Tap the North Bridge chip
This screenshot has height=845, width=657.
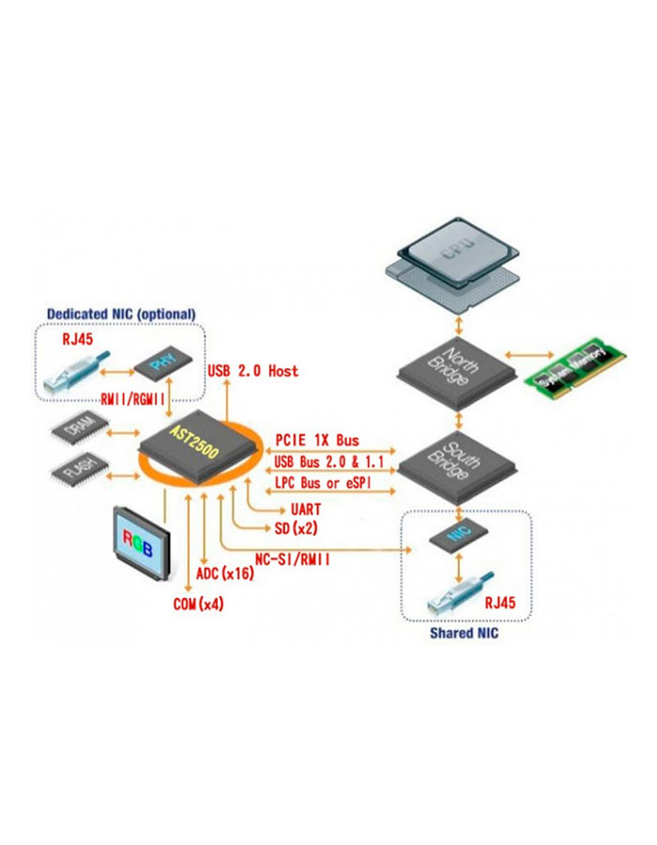[x=455, y=361]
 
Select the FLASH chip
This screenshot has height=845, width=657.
[x=79, y=469]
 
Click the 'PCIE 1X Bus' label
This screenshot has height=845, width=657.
[x=317, y=439]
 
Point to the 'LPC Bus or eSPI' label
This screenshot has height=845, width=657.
[x=321, y=482]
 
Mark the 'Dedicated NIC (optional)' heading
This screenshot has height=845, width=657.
[x=121, y=313]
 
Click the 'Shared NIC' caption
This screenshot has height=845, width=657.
[x=464, y=634]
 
